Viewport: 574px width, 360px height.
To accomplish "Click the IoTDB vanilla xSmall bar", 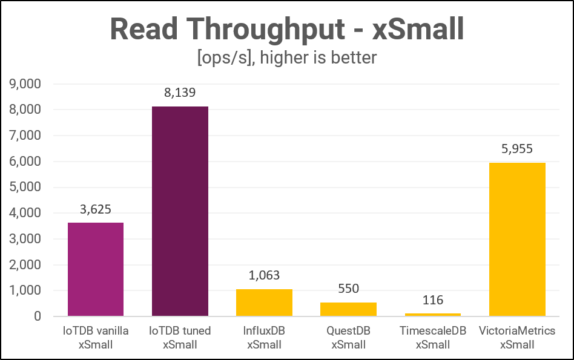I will [96, 269].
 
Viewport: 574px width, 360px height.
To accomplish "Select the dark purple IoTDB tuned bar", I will [180, 211].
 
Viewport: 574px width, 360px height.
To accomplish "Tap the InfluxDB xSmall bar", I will [264, 303].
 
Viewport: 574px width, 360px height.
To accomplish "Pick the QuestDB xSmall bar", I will [348, 309].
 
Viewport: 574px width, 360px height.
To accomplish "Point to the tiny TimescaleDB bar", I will [432, 315].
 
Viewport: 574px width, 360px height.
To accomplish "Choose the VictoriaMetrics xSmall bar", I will [516, 239].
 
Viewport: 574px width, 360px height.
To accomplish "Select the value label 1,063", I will [264, 275].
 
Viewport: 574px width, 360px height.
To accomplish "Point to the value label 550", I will [348, 289].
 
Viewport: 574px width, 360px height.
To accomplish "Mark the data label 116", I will [432, 299].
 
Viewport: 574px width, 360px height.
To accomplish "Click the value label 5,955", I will [516, 149].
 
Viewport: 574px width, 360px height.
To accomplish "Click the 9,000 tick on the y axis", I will [24, 85].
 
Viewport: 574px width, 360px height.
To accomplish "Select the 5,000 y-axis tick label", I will [24, 188].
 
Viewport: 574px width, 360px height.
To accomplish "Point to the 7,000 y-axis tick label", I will [24, 136].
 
